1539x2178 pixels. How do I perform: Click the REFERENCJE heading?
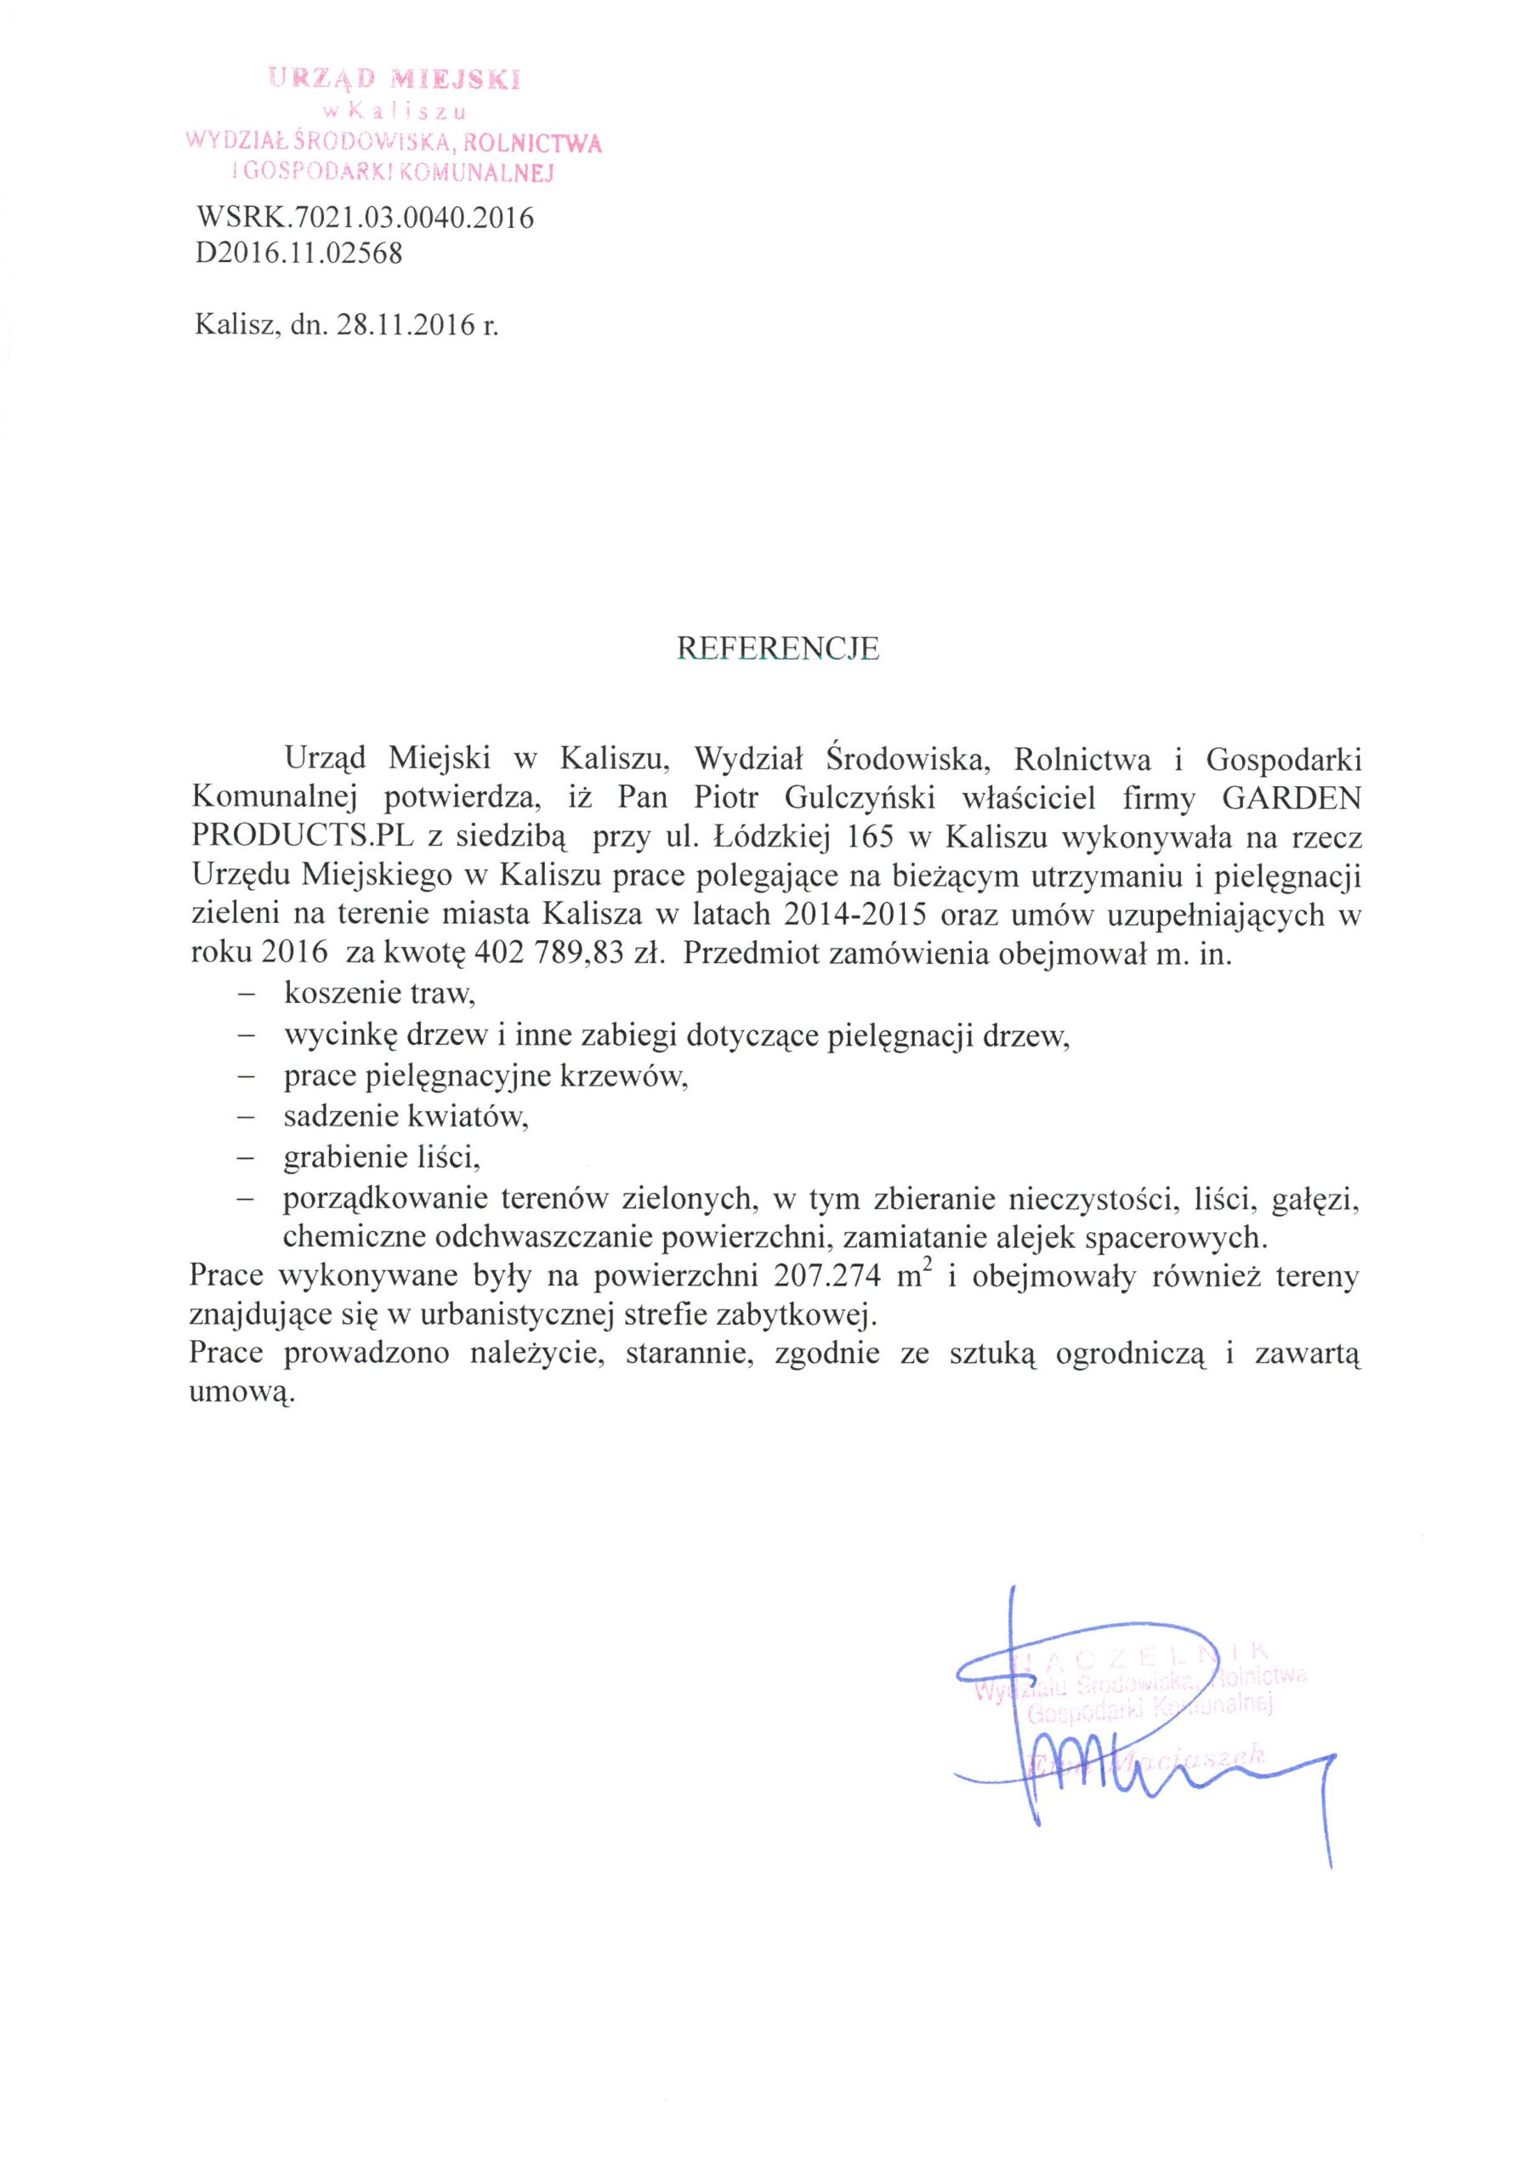pos(777,648)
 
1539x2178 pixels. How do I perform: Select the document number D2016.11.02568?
pos(298,254)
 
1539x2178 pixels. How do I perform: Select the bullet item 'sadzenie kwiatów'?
pos(405,1116)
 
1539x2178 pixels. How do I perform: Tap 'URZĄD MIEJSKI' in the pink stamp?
pos(395,80)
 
